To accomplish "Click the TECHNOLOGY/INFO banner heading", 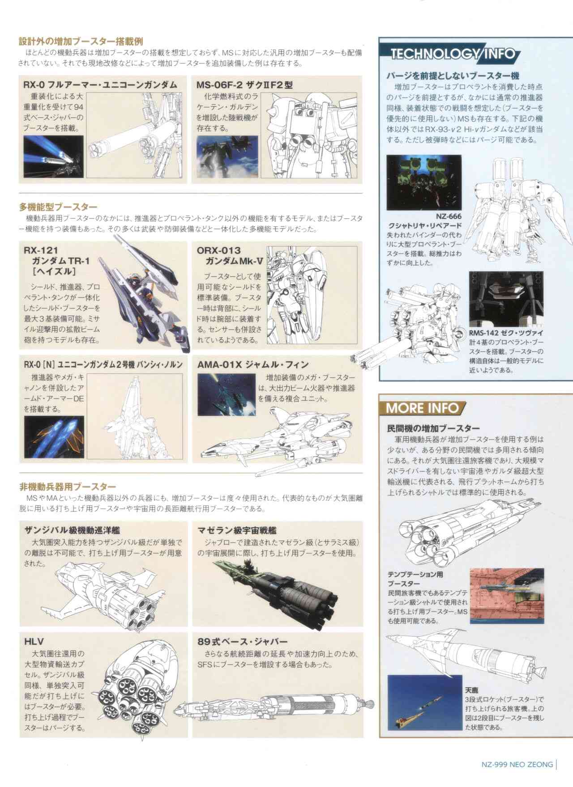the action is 453,55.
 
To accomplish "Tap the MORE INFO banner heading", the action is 422,408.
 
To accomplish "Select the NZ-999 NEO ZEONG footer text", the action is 517,764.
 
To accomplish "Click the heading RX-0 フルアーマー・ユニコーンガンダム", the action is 100,85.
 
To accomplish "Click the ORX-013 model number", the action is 218,250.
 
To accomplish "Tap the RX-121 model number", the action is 41,250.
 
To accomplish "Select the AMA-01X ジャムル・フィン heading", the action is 253,364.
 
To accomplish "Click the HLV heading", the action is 34,642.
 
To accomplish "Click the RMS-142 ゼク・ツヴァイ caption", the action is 506,333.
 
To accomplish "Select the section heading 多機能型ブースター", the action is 58,207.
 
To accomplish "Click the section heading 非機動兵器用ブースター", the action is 68,487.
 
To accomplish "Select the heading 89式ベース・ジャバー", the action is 243,642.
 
